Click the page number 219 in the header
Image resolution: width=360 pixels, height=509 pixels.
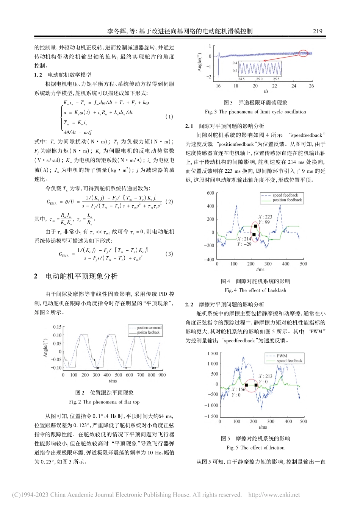click(317, 31)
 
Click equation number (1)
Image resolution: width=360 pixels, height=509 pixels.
click(169, 117)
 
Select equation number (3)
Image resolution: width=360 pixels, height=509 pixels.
click(169, 254)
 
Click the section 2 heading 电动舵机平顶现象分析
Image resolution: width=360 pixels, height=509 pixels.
click(81, 276)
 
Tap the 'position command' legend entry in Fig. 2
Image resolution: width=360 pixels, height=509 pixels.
click(149, 328)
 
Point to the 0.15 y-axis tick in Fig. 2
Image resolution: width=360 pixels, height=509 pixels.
click(57, 327)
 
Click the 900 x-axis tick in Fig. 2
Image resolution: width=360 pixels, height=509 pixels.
click(162, 375)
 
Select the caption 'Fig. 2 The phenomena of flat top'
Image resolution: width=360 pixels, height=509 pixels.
click(104, 402)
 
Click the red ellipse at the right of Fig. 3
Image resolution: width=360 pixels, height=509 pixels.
click(303, 53)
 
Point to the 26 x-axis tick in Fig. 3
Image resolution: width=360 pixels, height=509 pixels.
click(311, 86)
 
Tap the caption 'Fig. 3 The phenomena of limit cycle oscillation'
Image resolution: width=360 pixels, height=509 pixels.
click(255, 112)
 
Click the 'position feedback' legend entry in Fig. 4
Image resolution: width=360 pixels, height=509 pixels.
click(287, 200)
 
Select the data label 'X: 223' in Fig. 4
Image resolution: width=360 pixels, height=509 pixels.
click(265, 217)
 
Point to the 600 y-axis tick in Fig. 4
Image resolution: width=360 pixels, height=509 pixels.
click(210, 193)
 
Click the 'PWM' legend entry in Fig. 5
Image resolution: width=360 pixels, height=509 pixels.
click(282, 356)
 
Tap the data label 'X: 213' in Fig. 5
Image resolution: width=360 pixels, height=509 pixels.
click(265, 376)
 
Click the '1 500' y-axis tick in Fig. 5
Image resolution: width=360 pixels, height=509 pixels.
click(213, 353)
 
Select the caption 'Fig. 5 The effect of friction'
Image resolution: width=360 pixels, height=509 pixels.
click(255, 447)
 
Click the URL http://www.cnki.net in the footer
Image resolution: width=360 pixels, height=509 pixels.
click(274, 495)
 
